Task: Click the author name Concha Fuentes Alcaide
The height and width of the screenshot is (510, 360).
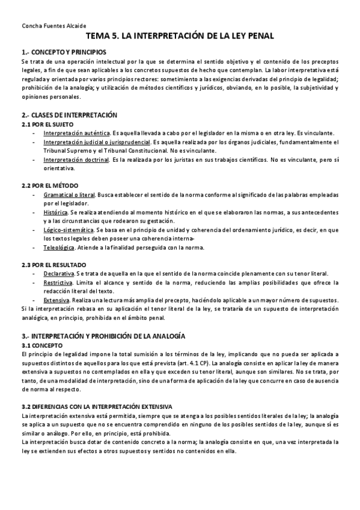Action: pyautogui.click(x=53, y=26)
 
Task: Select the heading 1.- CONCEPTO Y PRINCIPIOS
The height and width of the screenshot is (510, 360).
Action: pyautogui.click(x=64, y=52)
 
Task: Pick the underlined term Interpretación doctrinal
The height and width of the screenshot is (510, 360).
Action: pyautogui.click(x=76, y=160)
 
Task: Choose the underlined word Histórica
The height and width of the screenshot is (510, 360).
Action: pyautogui.click(x=55, y=213)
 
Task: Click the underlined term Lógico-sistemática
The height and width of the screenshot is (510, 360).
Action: pyautogui.click(x=68, y=230)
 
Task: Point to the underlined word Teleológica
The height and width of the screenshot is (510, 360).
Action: pyautogui.click(x=59, y=248)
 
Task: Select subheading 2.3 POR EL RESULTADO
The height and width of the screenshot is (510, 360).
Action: pyautogui.click(x=53, y=265)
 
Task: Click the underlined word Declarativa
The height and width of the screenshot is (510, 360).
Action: pyautogui.click(x=58, y=274)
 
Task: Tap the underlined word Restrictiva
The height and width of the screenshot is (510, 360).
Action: pyautogui.click(x=58, y=283)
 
